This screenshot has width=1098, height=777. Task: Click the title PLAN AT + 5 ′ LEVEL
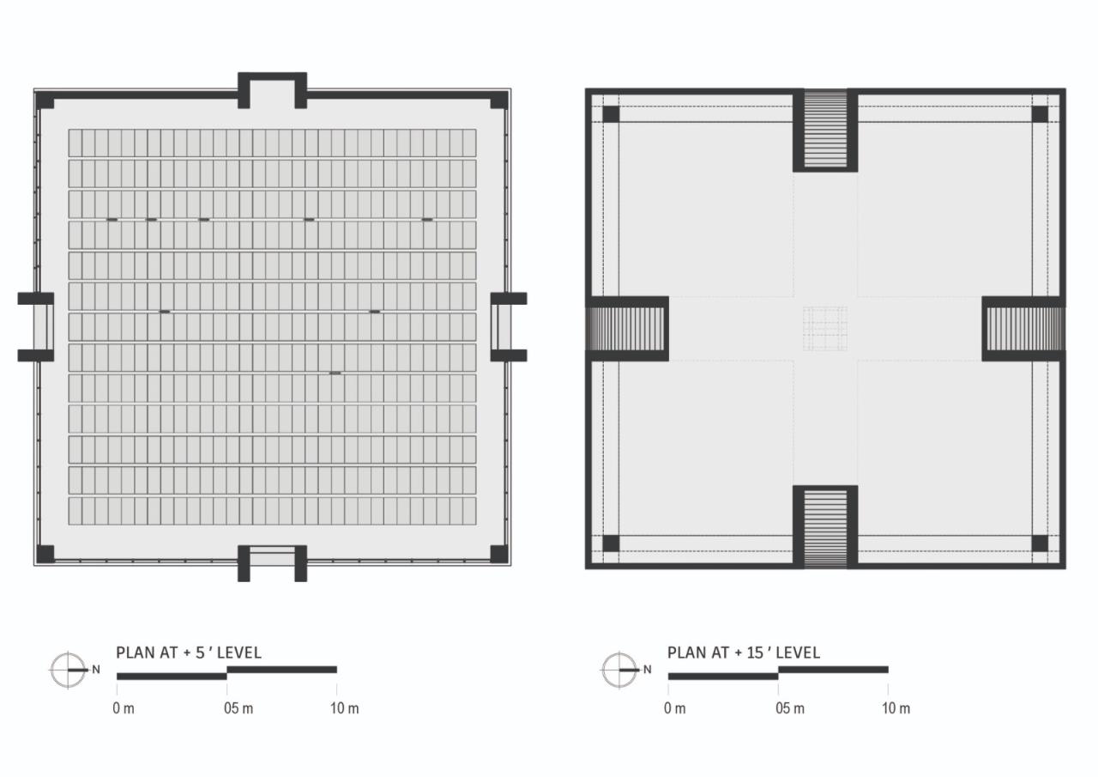189,653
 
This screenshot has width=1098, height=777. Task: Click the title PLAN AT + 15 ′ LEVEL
744,653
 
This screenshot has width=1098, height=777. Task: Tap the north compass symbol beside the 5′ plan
68,670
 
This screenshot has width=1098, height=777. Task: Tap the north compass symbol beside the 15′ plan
619,670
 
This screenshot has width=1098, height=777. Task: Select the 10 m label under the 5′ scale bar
345,708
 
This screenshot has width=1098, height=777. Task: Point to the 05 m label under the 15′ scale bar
790,708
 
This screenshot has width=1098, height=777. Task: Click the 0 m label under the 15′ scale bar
675,708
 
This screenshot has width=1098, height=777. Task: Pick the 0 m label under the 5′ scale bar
124,708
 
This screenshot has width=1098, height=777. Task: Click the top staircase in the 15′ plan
825,129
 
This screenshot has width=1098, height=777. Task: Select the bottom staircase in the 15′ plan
825,526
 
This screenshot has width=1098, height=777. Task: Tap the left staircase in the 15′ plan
626,329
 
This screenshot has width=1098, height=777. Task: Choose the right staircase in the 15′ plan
1024,329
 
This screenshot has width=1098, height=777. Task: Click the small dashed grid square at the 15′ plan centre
825,329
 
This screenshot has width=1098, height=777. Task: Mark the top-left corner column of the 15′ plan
611,114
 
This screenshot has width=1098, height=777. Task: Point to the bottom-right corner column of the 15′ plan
1040,543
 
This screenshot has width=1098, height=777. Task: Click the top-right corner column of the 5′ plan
498,100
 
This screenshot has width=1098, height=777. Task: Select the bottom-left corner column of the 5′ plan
45,554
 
